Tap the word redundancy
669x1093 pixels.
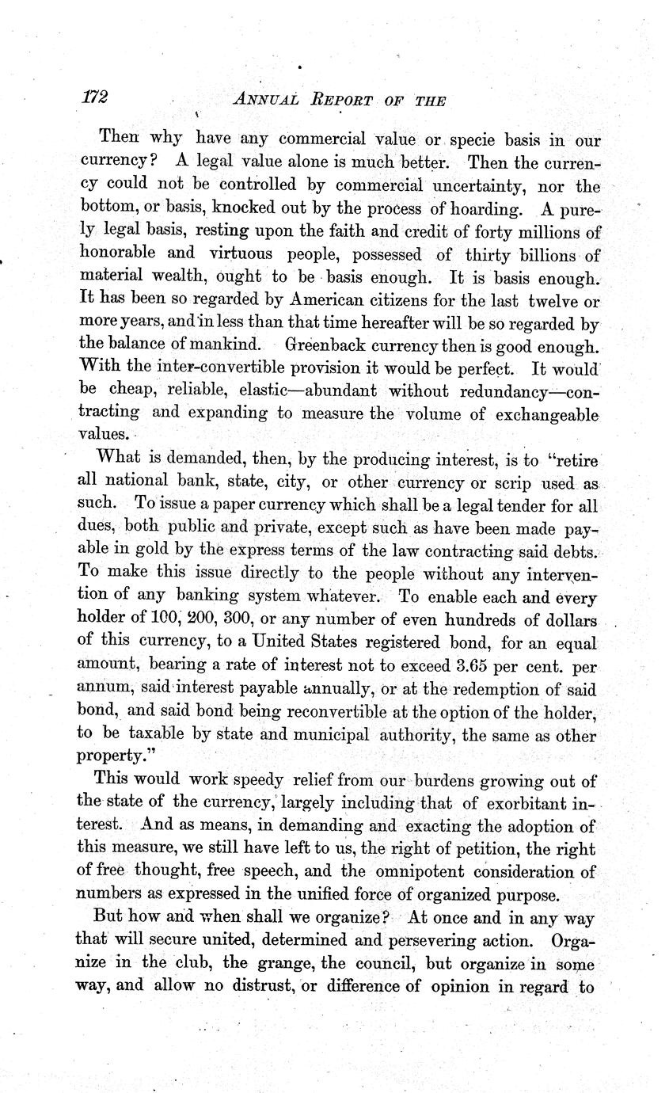pyautogui.click(x=496, y=391)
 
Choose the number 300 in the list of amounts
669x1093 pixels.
pyautogui.click(x=250, y=619)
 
